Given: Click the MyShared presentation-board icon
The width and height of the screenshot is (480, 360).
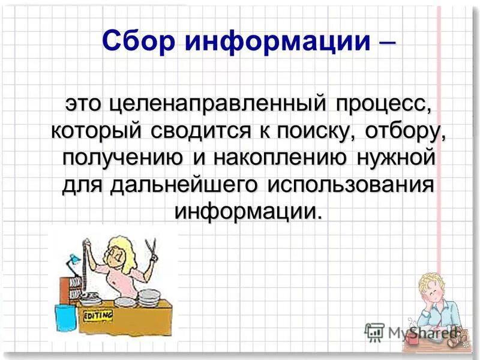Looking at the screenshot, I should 374,331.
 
